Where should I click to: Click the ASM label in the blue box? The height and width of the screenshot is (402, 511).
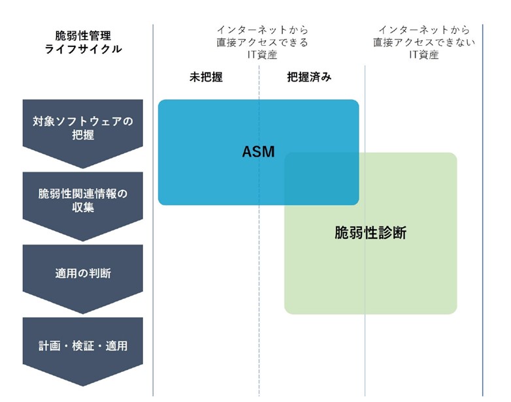(x=258, y=152)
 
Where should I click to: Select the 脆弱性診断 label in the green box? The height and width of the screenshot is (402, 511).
(x=370, y=233)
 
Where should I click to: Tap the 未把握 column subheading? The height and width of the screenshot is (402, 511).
(x=206, y=77)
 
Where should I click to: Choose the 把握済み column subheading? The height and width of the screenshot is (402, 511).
(x=309, y=77)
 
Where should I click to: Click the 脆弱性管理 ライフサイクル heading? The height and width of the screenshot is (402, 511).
(x=83, y=42)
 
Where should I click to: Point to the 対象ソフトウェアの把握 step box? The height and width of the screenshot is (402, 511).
(x=83, y=128)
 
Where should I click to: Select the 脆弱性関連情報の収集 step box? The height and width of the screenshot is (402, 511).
(x=83, y=200)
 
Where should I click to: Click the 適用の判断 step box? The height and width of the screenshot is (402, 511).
(x=83, y=273)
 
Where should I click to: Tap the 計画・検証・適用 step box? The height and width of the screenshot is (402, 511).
(x=83, y=345)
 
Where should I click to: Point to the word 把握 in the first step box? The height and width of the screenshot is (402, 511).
(x=83, y=136)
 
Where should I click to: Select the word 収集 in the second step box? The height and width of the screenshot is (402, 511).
(x=83, y=208)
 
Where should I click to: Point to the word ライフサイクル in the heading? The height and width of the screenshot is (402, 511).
(x=83, y=49)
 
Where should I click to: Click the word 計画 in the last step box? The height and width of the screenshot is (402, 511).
(x=50, y=345)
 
